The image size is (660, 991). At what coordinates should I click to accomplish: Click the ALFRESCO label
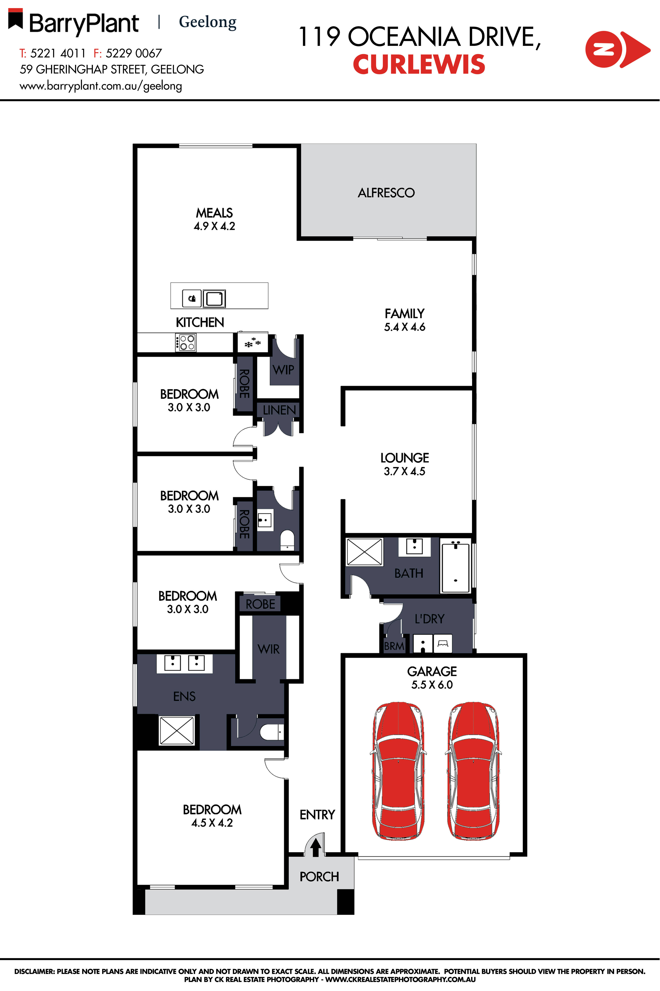(x=386, y=193)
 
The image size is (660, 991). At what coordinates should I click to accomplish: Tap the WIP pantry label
(x=283, y=370)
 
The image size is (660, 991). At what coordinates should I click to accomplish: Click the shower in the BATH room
(x=364, y=552)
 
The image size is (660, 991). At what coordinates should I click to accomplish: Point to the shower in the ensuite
(x=177, y=730)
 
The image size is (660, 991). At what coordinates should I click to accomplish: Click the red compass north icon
(x=617, y=49)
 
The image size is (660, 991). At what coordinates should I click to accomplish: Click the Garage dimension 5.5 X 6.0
(x=432, y=684)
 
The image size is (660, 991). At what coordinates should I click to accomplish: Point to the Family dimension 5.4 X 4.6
(x=404, y=327)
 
